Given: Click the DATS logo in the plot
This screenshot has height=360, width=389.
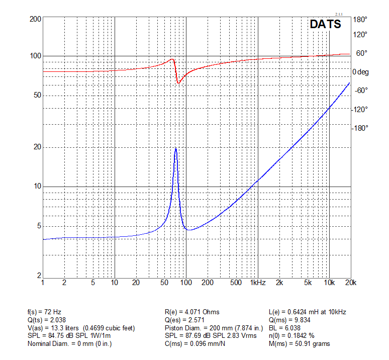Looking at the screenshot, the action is click(326, 24).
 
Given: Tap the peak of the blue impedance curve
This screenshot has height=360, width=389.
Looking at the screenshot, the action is click(175, 149).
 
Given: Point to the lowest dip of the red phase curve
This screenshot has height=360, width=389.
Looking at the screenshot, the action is click(178, 83).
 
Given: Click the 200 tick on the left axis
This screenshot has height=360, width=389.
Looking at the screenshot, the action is click(35, 19).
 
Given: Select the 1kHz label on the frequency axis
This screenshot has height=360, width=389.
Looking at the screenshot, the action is click(258, 283).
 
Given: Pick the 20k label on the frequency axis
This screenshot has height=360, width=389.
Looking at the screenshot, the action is click(350, 283).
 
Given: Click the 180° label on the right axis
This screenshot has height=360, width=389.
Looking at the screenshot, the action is click(360, 19).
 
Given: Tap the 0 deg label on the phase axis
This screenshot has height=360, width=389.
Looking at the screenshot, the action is click(360, 72).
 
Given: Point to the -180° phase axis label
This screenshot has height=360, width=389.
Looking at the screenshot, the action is click(360, 128).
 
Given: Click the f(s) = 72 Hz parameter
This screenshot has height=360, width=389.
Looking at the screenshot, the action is click(44, 312).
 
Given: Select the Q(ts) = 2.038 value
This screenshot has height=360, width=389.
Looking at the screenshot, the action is click(47, 320).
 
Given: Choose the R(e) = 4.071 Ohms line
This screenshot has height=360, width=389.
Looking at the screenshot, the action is click(192, 312).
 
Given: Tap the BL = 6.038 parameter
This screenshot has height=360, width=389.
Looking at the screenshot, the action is click(284, 328).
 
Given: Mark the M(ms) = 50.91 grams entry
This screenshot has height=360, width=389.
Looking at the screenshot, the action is click(300, 343).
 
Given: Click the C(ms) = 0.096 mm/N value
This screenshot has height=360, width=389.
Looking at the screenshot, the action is click(194, 343).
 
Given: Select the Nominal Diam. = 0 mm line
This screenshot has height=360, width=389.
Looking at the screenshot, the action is click(70, 343).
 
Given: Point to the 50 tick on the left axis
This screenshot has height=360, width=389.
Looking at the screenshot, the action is click(37, 95).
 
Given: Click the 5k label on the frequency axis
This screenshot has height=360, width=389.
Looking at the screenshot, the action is click(308, 283).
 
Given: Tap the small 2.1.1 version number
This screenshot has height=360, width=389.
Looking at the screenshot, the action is click(339, 15).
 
